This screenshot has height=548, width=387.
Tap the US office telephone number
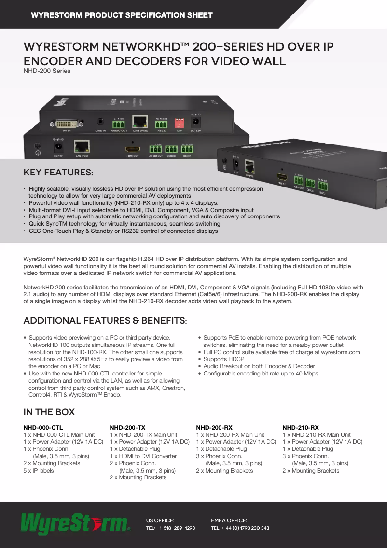170,528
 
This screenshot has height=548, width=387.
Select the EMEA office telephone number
240,528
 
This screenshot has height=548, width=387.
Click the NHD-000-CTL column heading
43,428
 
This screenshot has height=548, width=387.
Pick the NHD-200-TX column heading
127,428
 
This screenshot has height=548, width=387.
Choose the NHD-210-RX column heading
300,428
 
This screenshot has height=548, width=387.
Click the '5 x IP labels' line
39,471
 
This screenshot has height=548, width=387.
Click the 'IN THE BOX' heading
49,412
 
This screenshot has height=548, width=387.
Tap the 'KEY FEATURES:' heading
58,173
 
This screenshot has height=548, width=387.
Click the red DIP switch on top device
179,124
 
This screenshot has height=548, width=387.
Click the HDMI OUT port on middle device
132,149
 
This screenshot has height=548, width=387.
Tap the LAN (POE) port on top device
139,123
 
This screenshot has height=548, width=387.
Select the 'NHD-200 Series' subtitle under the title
47,71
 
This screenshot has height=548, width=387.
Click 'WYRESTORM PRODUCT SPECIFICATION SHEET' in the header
122,15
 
